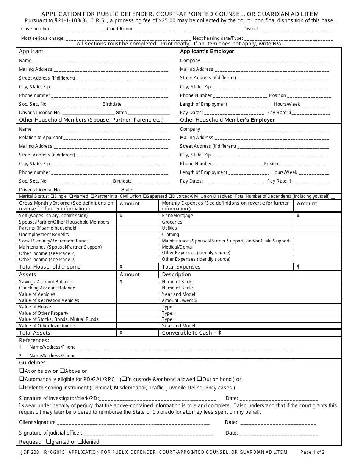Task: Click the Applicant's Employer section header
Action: tap(207, 51)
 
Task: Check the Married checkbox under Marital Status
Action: tap(71, 196)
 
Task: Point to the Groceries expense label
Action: tap(172, 222)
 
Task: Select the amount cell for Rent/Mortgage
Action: tap(318, 216)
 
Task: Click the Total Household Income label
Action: tap(50, 267)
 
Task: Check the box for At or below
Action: tap(22, 371)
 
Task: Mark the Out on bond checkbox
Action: tap(199, 379)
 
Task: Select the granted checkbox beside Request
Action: tap(49, 441)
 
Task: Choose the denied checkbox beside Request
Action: tap(80, 441)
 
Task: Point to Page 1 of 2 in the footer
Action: tap(312, 452)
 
